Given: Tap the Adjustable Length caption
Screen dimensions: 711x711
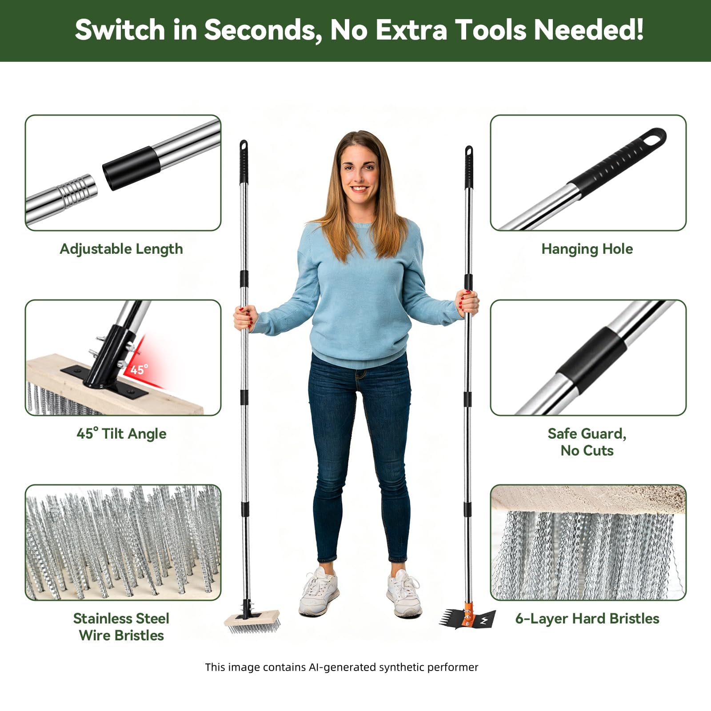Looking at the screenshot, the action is click(121, 249).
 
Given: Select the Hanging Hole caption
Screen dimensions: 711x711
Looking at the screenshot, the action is click(587, 249).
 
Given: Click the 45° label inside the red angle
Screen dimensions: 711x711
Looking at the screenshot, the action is click(139, 369).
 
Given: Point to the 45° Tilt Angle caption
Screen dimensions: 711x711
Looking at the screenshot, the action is click(121, 434).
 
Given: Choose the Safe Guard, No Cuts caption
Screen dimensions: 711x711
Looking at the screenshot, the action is click(587, 442).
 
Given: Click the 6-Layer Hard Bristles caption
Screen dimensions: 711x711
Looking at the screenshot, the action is click(587, 619).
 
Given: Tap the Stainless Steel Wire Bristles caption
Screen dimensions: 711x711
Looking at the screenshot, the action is click(121, 627).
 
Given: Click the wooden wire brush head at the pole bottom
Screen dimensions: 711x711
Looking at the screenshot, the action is click(252, 621).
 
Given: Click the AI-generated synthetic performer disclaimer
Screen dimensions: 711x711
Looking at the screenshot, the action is click(341, 667).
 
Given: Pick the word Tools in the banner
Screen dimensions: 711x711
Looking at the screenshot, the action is click(491, 30).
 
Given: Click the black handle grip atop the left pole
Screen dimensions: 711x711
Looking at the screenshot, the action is click(244, 161).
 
